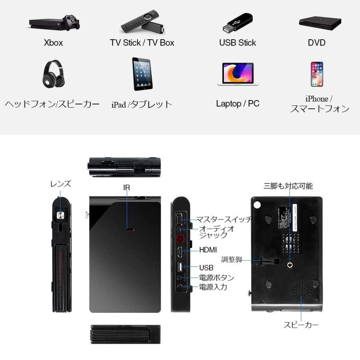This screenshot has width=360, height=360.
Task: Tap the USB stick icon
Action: (237, 23)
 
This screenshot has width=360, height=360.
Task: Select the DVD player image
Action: (320, 23)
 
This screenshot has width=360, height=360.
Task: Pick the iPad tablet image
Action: (142, 74)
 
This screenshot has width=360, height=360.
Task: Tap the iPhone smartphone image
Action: (317, 74)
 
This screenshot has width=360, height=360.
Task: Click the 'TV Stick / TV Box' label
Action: (142, 43)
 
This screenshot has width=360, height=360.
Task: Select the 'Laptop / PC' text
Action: (238, 104)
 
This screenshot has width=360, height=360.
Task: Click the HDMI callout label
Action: (208, 250)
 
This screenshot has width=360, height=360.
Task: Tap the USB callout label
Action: (206, 268)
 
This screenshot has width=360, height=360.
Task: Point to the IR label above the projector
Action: (127, 187)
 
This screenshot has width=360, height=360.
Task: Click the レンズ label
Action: (60, 184)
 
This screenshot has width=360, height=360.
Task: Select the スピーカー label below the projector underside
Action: (301, 325)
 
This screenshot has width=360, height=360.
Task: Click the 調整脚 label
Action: (232, 260)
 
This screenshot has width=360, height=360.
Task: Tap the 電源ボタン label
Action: (216, 278)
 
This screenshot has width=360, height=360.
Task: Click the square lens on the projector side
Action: (60, 216)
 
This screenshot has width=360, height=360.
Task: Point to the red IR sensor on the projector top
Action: (130, 230)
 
